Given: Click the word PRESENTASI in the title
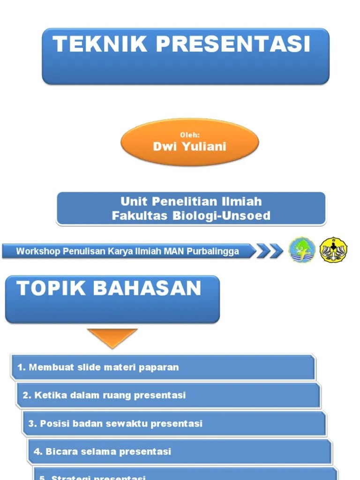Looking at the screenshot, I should coord(233,45).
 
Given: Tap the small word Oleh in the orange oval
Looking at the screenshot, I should coord(190,135).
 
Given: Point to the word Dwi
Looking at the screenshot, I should coord(163,147).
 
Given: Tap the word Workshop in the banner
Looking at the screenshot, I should coord(38,251).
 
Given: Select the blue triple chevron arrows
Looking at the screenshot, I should coord(270,251).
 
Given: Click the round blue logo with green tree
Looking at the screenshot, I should coord(302,250).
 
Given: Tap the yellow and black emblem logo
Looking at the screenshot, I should coord(333,250).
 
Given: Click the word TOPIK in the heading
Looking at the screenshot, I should coord(52,288).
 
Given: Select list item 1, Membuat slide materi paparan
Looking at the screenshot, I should coord(98,367).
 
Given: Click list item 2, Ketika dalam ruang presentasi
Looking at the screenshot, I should coord(104,395).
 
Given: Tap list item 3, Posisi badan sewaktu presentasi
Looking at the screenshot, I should coord(115,424).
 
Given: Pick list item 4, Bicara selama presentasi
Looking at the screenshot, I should coord(102,452).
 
